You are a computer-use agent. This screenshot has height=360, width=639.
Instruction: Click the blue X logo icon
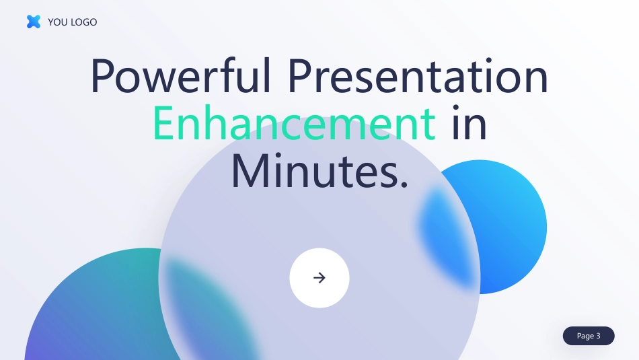34,22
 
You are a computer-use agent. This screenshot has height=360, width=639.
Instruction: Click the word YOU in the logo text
58,22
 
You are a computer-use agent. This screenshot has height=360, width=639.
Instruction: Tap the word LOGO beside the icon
84,22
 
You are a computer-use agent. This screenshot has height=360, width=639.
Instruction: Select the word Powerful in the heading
180,76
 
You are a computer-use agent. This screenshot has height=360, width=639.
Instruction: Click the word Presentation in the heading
418,76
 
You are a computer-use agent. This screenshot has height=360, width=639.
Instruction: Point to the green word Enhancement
294,122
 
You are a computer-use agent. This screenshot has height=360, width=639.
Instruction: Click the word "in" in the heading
469,122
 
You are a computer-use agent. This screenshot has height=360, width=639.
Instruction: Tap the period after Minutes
404,184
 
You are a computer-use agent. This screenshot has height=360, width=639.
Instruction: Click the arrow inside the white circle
319,278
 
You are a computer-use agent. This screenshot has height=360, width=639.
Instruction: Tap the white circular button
319,278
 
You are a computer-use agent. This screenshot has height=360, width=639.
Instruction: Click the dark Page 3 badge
589,336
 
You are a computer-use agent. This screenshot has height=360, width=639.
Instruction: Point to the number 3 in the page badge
598,336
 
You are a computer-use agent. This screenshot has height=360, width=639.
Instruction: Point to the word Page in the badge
585,336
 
